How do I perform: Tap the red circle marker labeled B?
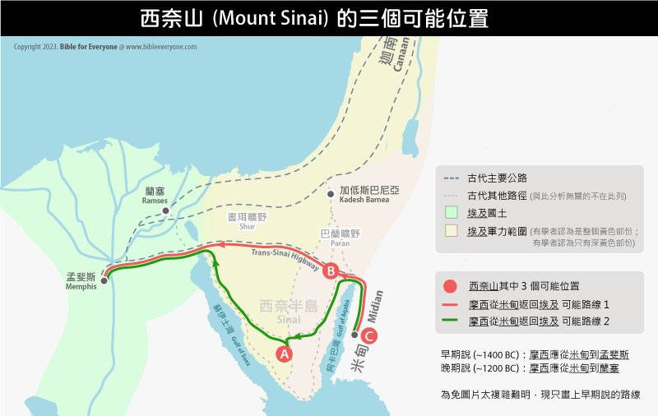(x=330, y=270)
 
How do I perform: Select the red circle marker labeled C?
(x=369, y=335)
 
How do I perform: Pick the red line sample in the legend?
(x=449, y=303)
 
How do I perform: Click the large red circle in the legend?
(x=449, y=287)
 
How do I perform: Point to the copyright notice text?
(x=105, y=47)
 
